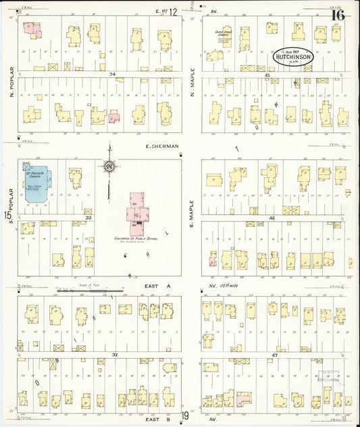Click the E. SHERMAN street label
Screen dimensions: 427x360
(x=161, y=146)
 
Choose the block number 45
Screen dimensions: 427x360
(x=267, y=75)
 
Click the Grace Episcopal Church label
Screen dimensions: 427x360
(x=224, y=34)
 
